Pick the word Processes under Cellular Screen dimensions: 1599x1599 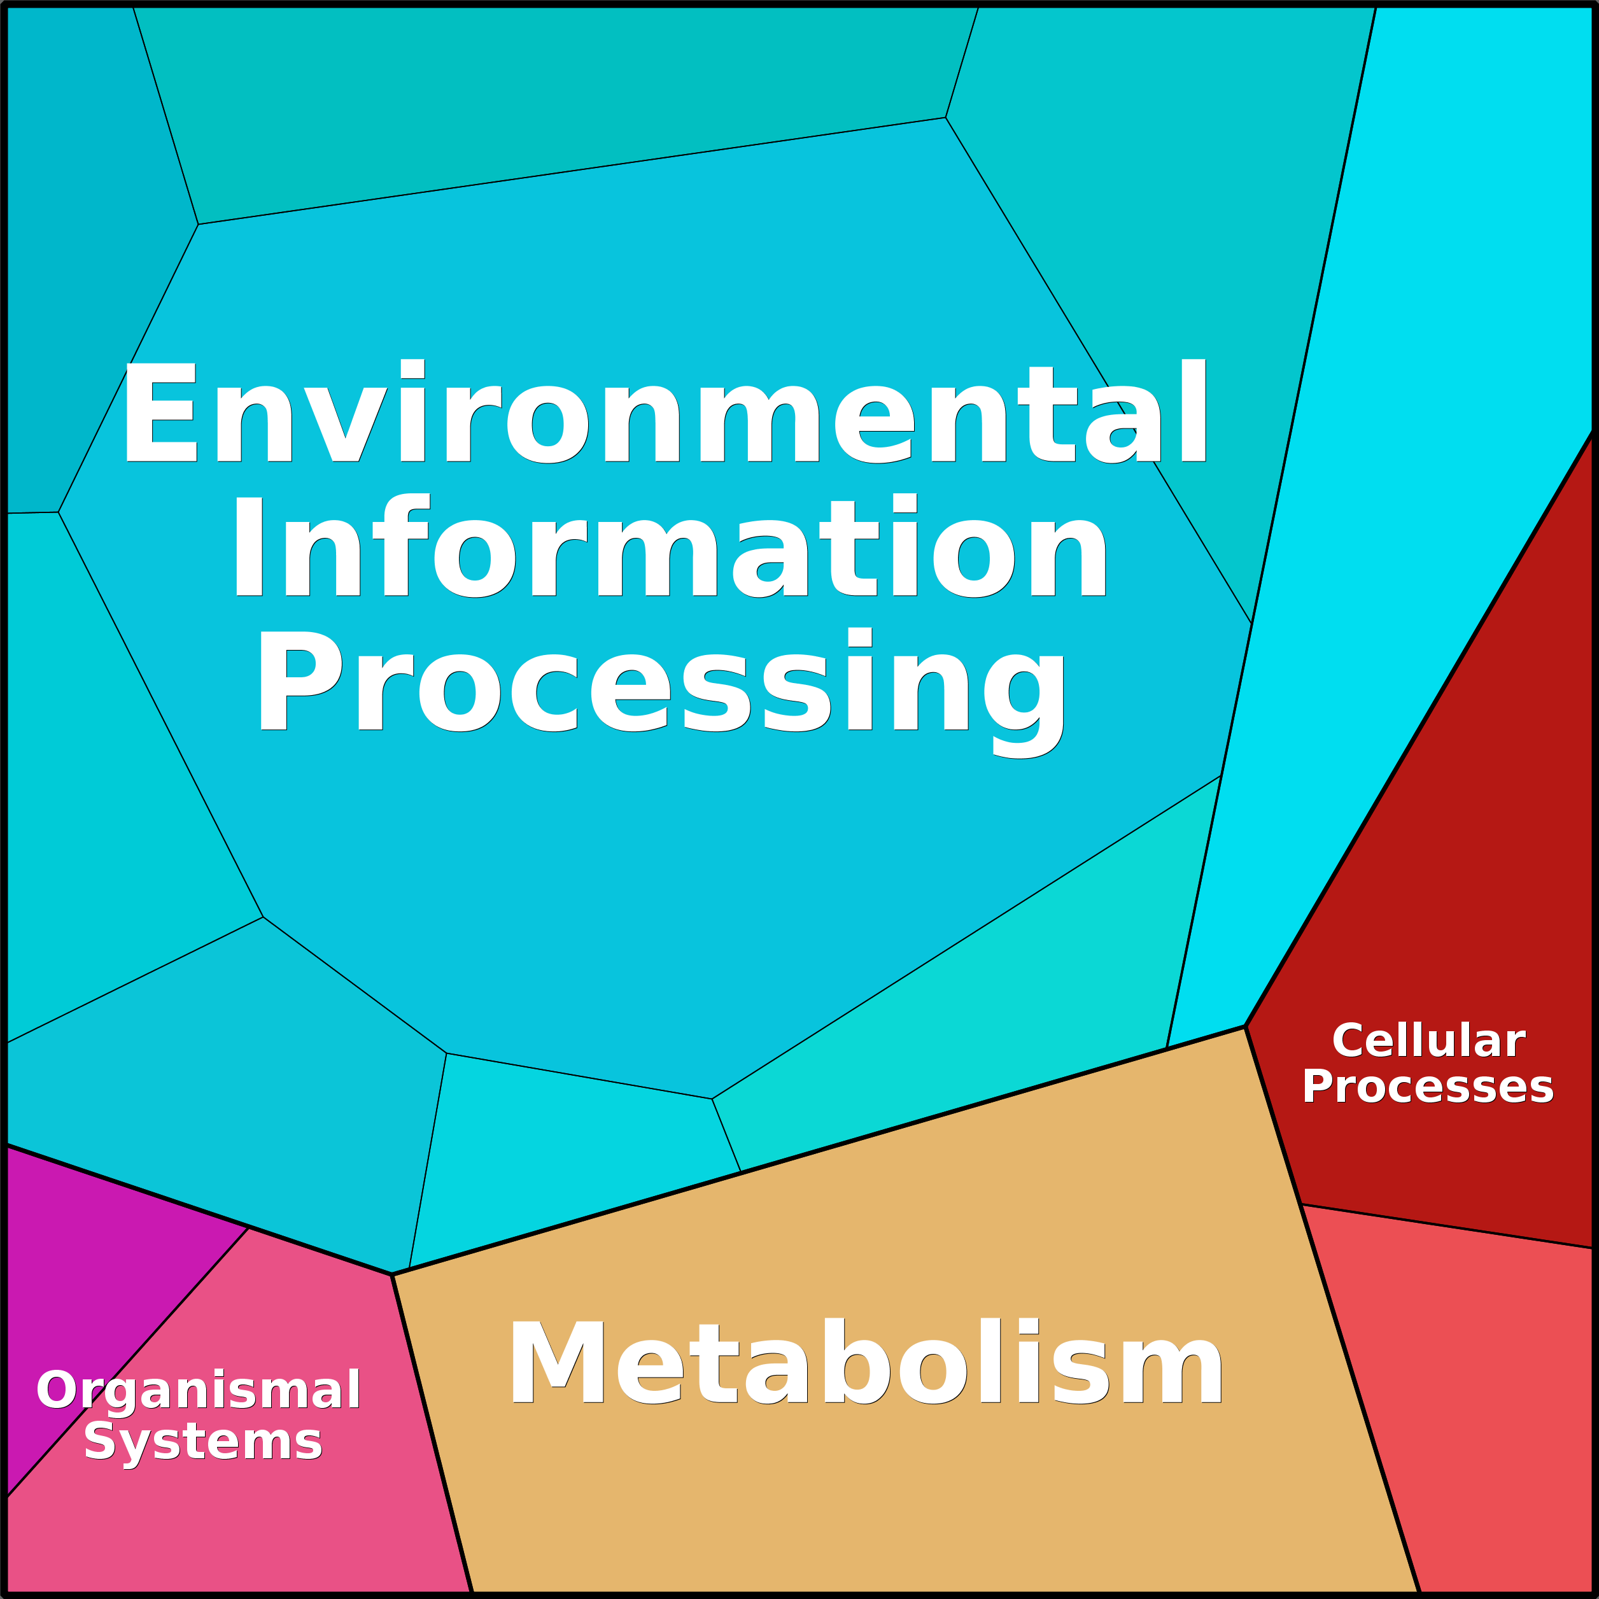1428,1087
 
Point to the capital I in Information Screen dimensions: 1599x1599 248,546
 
